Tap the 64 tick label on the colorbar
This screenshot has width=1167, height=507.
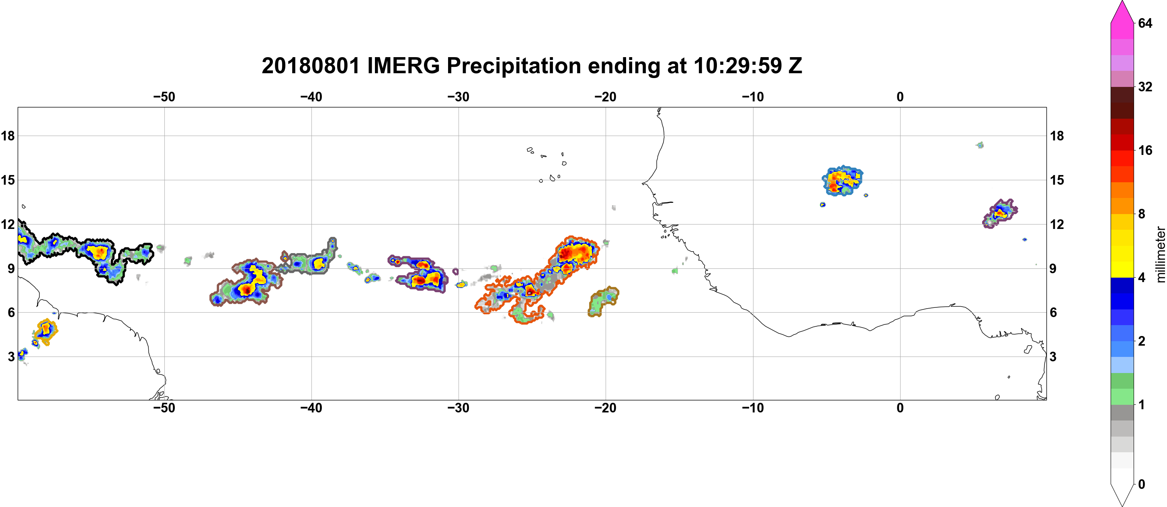[1145, 23]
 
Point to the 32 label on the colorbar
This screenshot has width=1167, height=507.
[1145, 87]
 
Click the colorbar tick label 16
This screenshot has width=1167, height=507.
[1145, 150]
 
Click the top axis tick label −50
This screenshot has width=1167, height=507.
[164, 97]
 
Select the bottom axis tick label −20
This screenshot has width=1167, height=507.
[605, 408]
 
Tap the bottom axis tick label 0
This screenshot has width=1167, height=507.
[900, 408]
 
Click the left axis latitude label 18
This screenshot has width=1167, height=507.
[8, 136]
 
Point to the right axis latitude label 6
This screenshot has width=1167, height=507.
[1053, 313]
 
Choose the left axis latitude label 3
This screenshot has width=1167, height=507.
[11, 357]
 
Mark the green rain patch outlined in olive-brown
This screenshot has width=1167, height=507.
[602, 301]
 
